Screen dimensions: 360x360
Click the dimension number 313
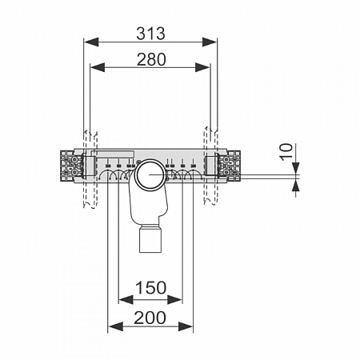[x=151, y=34]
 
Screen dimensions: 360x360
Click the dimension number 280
[x=151, y=59]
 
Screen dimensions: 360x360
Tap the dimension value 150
[x=151, y=288]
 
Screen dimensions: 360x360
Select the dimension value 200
[x=150, y=318]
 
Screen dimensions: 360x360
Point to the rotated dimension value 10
[x=286, y=152]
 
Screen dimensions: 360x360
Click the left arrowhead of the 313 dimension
[x=91, y=42]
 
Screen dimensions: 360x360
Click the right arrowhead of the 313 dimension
[x=210, y=42]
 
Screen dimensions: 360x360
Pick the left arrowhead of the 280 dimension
[x=98, y=67]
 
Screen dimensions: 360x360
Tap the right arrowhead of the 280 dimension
[x=202, y=67]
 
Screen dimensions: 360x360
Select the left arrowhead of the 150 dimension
[x=126, y=299]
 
